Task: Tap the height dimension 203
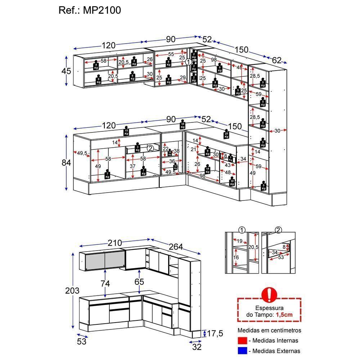(x=72, y=290)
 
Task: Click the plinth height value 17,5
(x=215, y=334)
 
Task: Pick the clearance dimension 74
(x=105, y=283)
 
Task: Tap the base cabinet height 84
(x=66, y=163)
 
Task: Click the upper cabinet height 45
(x=66, y=71)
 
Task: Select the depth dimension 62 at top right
(x=276, y=60)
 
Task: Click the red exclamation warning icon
(x=269, y=294)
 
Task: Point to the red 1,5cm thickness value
(x=284, y=314)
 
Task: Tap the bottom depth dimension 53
(x=82, y=341)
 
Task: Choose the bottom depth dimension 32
(x=196, y=347)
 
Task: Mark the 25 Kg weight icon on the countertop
(x=226, y=135)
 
